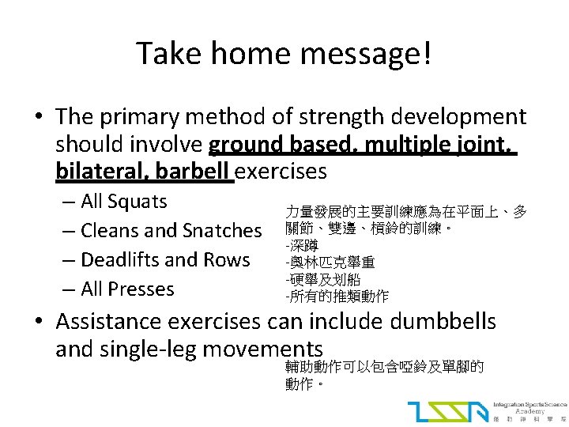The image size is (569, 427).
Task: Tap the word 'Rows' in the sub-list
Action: pos(228,260)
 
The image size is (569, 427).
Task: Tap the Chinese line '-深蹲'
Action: pos(303,246)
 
